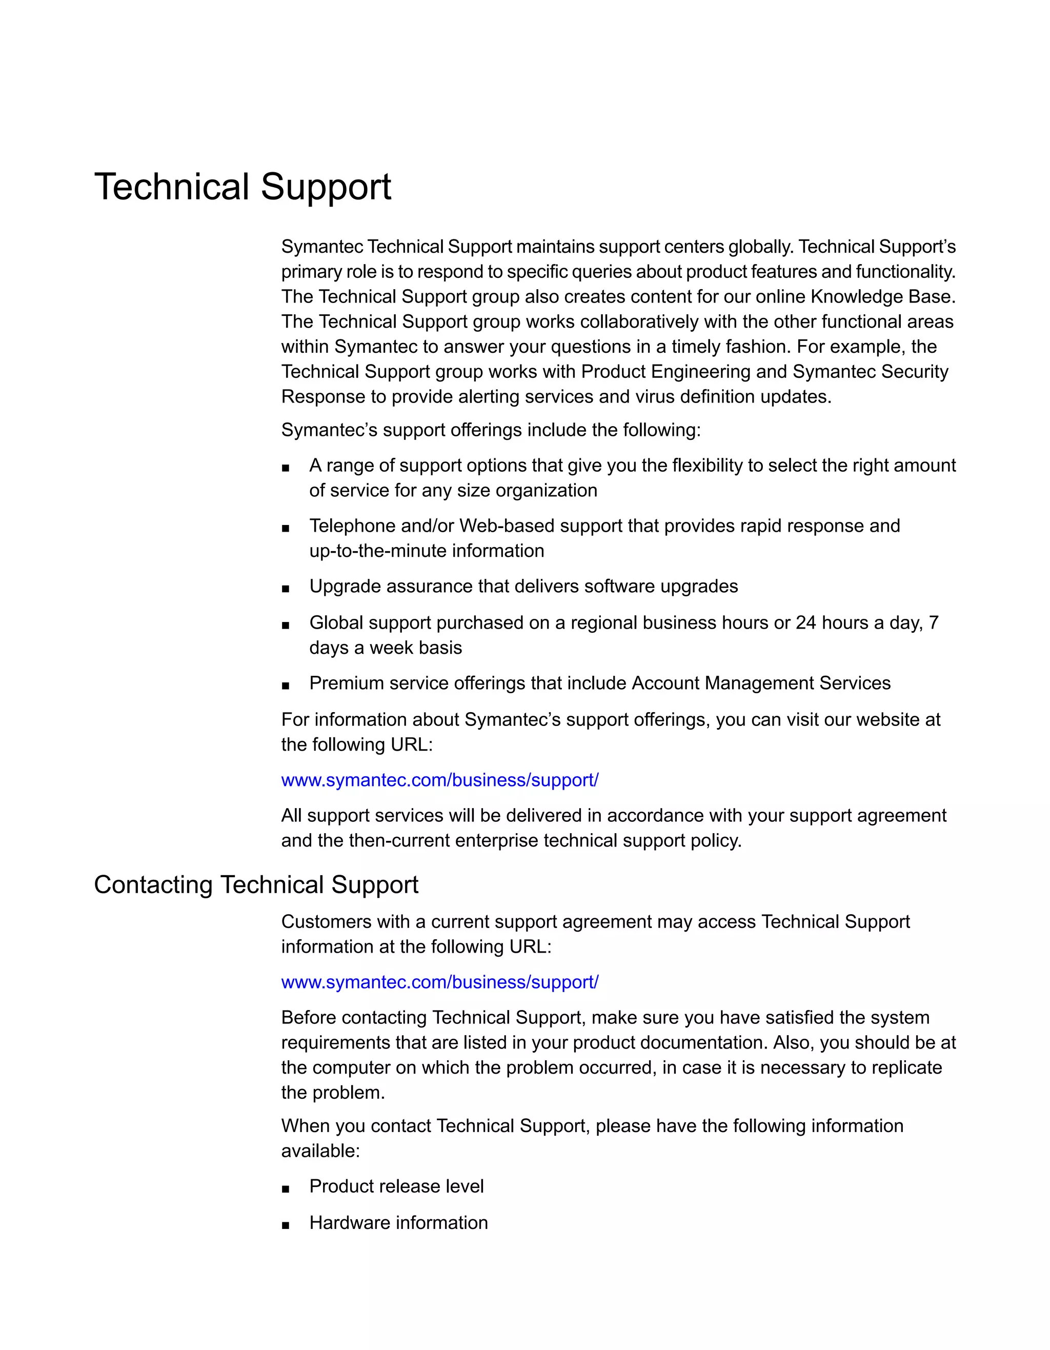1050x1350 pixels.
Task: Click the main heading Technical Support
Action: pos(243,187)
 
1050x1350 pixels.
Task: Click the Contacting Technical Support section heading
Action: pos(256,884)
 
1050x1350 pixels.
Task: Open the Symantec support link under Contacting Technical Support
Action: pos(439,982)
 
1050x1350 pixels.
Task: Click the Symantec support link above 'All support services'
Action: pos(439,780)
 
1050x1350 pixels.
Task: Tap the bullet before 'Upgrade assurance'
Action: pos(286,589)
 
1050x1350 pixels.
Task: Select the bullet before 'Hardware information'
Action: pos(286,1225)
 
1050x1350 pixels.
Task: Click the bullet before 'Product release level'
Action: pos(286,1188)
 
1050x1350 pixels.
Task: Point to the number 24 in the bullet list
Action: pos(806,622)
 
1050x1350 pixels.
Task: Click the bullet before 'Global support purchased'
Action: pos(286,625)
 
